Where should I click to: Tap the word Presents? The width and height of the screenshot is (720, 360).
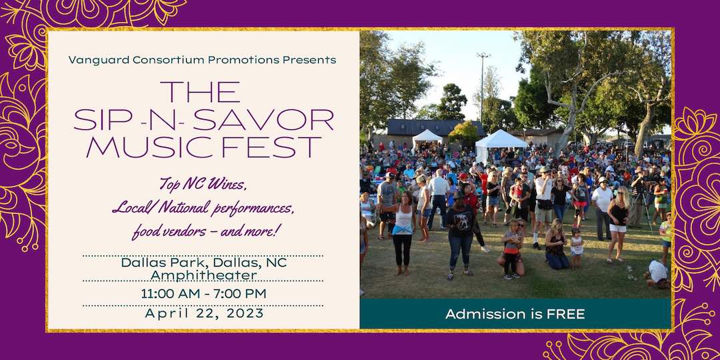309,60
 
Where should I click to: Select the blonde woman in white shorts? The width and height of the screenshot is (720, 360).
619,220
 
